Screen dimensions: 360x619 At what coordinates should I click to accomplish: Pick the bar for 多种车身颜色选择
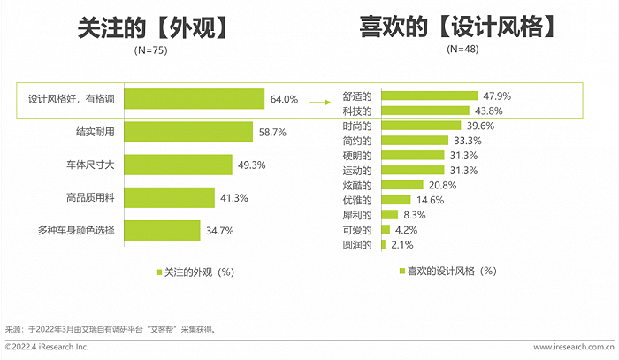tap(158, 231)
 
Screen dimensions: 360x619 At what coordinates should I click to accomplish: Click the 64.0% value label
tap(284, 99)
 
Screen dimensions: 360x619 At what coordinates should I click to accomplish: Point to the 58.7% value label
tap(272, 132)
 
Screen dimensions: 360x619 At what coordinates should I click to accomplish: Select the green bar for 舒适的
tap(429, 96)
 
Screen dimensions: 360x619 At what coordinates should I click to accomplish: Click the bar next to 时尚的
tap(419, 126)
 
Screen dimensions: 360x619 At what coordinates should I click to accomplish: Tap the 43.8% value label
tap(487, 111)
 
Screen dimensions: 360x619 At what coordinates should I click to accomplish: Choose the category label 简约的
tap(357, 141)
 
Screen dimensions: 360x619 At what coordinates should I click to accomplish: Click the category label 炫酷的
tap(357, 186)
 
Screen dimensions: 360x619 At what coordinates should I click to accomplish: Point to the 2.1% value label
tap(402, 244)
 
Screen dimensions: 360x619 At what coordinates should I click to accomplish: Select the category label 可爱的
tap(357, 230)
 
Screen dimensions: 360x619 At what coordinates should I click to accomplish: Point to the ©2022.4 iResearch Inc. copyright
tap(47, 347)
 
